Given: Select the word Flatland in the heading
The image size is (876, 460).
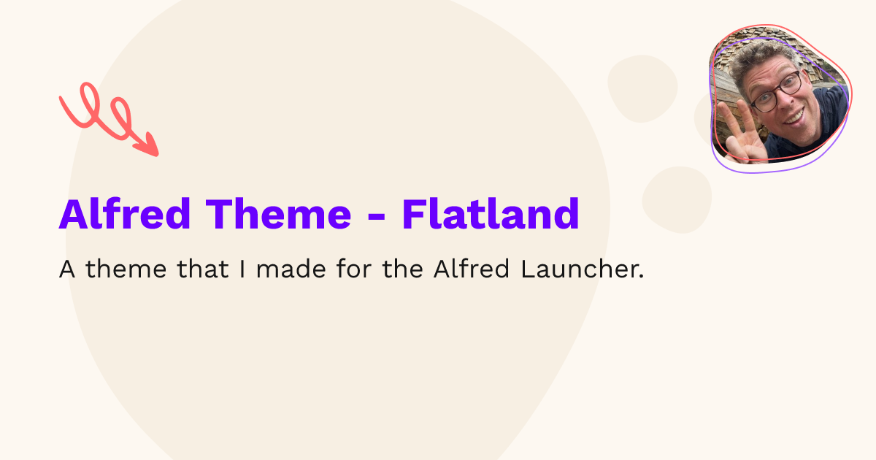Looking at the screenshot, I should click(491, 214).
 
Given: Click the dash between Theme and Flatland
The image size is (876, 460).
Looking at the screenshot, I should click(376, 217).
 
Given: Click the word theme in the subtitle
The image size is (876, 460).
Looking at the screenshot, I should click(128, 270).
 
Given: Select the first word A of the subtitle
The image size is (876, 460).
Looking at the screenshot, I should click(67, 270).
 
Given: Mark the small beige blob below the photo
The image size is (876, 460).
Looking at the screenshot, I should click(677, 199).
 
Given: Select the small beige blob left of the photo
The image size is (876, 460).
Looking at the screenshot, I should click(642, 88).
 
